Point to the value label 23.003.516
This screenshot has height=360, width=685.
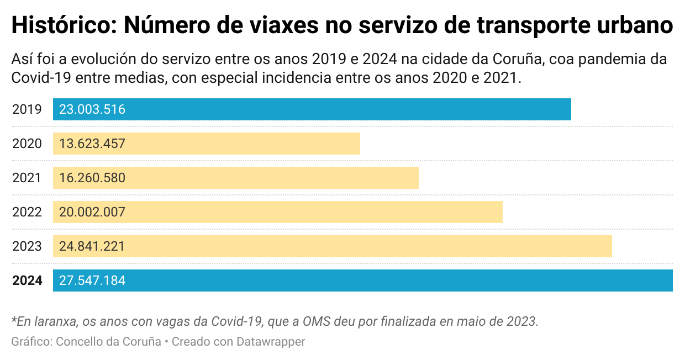click(92, 109)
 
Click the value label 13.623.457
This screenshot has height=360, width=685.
click(92, 144)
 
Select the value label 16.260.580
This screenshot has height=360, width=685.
click(92, 178)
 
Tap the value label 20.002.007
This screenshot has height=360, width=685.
click(92, 212)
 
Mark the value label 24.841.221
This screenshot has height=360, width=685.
click(92, 246)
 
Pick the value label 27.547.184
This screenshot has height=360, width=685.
click(92, 280)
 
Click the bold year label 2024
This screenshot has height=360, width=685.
click(27, 280)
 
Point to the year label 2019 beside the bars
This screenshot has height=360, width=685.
click(27, 109)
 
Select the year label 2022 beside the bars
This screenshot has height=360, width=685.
click(27, 212)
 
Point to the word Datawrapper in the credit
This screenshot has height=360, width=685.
click(271, 342)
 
